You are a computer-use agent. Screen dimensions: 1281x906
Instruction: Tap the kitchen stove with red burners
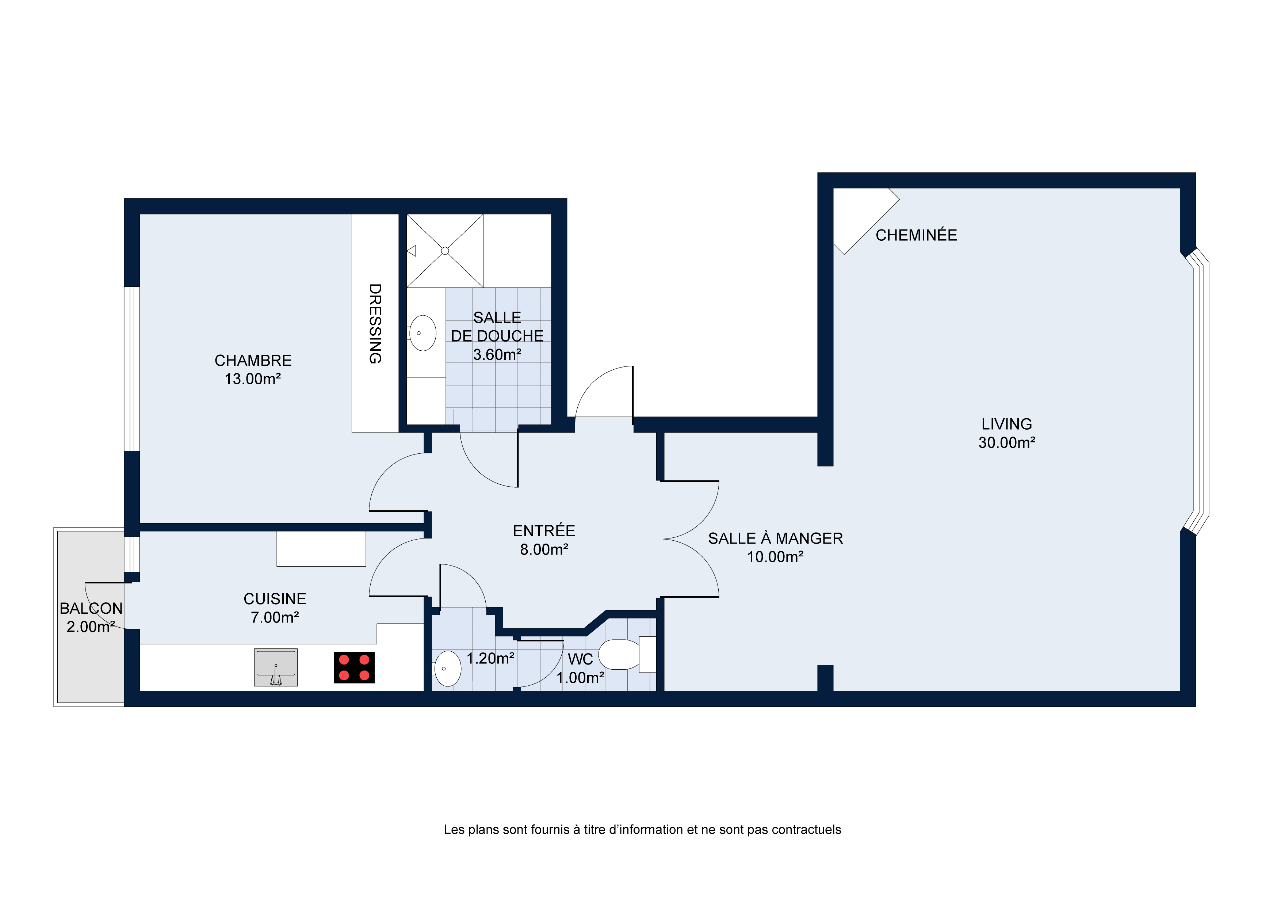coord(354,668)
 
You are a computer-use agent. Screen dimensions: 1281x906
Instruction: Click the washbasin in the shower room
coord(422,333)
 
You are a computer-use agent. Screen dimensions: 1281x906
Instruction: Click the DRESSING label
coord(375,323)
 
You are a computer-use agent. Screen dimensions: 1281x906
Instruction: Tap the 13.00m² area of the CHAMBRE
coord(252,379)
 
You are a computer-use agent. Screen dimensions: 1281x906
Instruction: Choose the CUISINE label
coord(275,599)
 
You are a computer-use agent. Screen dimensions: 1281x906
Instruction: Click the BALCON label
coord(91,609)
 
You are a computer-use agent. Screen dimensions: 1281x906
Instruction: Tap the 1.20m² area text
coord(490,659)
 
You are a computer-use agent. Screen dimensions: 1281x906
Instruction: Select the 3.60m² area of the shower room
coord(497,354)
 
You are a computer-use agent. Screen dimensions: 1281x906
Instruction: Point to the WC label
coord(580,659)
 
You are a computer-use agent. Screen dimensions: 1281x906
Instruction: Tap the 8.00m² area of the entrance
coord(544,550)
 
